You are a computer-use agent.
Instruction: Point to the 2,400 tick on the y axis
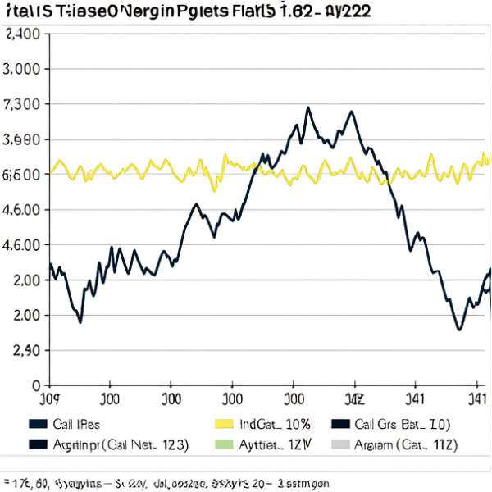[22, 34]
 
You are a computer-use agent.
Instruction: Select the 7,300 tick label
[22, 105]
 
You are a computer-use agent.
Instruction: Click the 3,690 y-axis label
[22, 140]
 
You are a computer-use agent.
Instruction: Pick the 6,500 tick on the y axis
[22, 175]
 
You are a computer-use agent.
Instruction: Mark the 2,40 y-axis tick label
[22, 351]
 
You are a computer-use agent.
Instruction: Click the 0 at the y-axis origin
[35, 385]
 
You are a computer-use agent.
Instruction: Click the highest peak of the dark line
[307, 107]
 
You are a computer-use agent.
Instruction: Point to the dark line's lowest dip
[459, 330]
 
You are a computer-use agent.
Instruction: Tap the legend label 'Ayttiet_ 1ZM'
[271, 444]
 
